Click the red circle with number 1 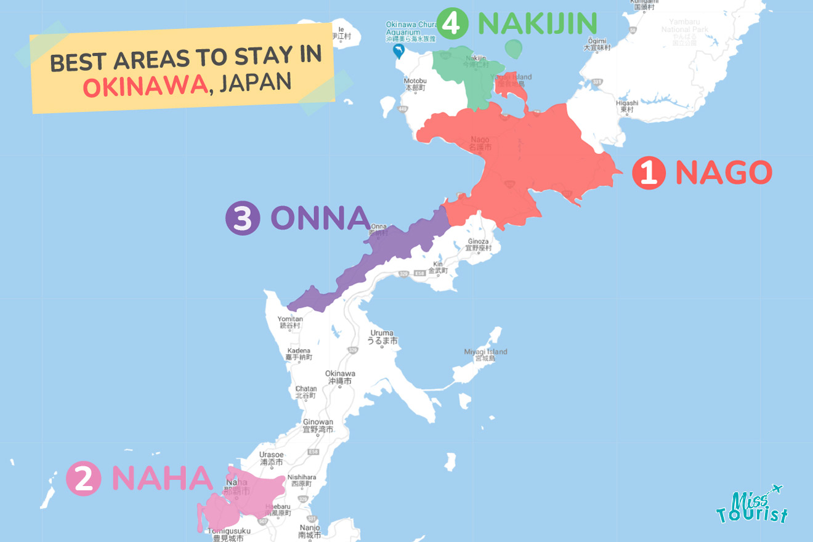[x=649, y=173]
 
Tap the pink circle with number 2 [x=83, y=479]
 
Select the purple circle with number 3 [x=243, y=219]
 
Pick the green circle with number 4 [x=454, y=24]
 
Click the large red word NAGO [x=724, y=173]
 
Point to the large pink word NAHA [x=162, y=479]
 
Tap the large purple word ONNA [x=320, y=219]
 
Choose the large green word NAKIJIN [x=537, y=24]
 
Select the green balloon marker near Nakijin [x=512, y=48]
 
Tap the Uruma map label [x=382, y=337]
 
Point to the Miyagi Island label [x=486, y=355]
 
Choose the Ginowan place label [x=318, y=426]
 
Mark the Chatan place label [x=306, y=392]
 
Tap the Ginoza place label [x=478, y=245]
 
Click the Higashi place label [x=627, y=106]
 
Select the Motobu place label [x=415, y=84]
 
